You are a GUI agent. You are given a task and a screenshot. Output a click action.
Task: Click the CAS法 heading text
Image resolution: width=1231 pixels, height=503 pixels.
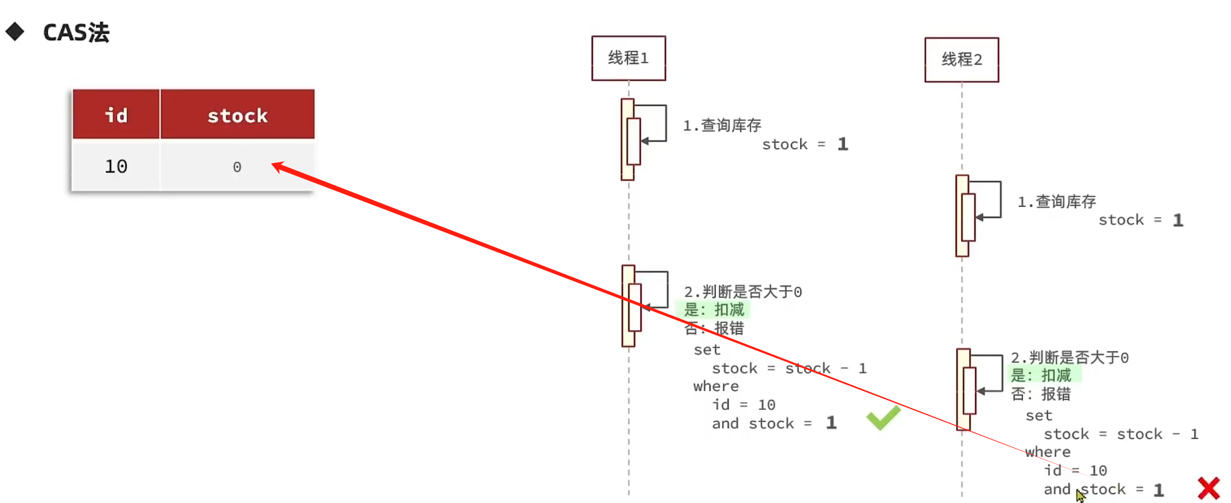tap(76, 33)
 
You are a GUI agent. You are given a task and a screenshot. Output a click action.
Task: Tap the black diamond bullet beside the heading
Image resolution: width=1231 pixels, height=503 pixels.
tap(15, 32)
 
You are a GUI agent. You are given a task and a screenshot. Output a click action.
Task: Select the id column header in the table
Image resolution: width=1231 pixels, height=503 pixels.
tap(116, 115)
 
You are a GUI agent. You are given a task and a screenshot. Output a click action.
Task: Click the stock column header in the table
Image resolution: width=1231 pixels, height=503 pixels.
tap(237, 115)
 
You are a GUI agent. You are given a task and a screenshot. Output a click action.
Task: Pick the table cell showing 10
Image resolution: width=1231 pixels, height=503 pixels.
tap(116, 166)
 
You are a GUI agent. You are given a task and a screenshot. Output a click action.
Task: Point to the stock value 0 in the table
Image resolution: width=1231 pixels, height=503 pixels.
tap(237, 167)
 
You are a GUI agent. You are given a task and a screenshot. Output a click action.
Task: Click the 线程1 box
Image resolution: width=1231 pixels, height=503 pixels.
tap(628, 58)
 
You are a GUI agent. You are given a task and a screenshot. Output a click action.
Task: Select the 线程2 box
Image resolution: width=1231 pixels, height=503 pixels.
tap(962, 60)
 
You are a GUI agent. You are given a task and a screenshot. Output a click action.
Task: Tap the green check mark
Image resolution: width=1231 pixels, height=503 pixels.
tap(883, 418)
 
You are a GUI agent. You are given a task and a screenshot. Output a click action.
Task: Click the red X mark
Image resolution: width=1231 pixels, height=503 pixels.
tap(1208, 488)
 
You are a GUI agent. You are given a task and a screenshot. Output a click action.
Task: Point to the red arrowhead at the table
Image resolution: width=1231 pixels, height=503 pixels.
tap(278, 166)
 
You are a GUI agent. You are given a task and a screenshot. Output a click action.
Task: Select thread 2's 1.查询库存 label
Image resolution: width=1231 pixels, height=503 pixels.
tap(1056, 202)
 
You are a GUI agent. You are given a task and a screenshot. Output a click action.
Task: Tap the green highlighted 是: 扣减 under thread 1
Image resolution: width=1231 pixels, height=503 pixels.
tap(714, 310)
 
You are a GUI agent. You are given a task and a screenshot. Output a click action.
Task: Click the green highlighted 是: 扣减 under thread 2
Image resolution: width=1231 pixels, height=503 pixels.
tap(1041, 375)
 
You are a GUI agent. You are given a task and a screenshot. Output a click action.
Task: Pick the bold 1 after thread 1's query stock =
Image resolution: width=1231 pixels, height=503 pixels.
tap(843, 144)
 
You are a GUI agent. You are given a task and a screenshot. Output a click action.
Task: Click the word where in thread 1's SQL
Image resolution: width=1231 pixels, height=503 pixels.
tap(716, 386)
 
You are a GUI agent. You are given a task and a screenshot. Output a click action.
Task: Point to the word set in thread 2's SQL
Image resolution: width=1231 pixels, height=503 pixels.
tap(1039, 415)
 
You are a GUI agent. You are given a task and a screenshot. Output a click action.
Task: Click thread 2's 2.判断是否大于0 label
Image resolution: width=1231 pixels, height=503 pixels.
tap(1069, 358)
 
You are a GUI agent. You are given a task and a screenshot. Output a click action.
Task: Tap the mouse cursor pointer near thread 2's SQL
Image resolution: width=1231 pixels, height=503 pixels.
tap(1080, 495)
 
